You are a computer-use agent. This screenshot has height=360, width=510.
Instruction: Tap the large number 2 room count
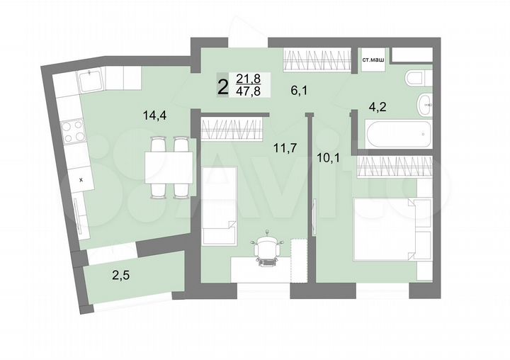pos(222,87)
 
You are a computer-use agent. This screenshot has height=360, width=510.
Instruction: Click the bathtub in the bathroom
pos(397,133)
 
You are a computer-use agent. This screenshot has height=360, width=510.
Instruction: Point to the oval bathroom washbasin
pos(424,105)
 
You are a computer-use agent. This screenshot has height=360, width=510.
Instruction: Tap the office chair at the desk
pos(267,251)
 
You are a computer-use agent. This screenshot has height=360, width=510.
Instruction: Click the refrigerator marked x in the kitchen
pos(80,180)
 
